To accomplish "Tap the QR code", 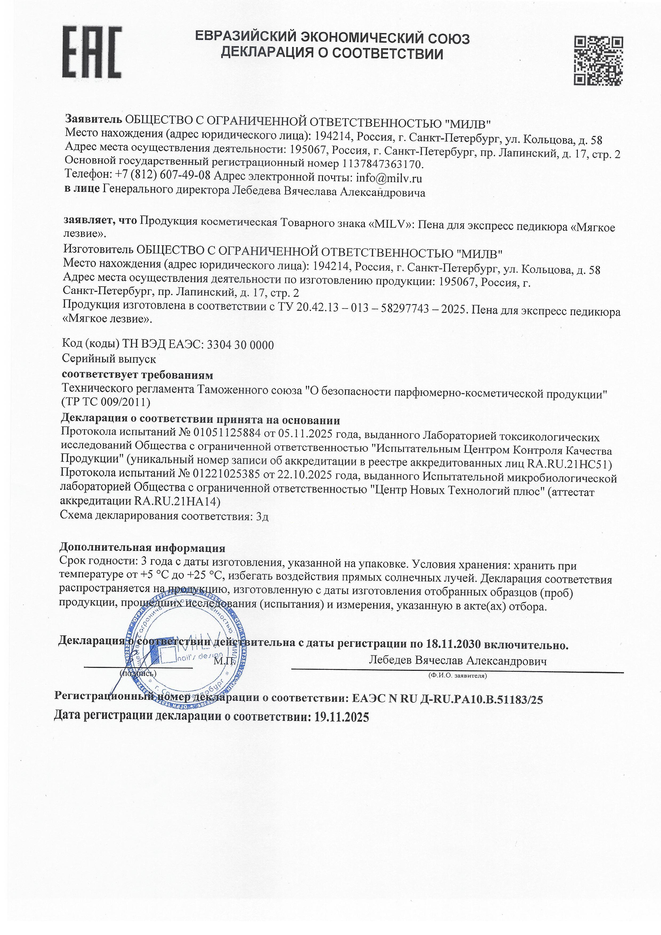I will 598,61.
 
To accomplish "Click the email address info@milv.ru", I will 389,178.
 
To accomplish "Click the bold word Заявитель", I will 94,119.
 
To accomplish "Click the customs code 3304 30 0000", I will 240,345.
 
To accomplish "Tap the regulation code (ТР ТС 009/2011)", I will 106,402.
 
